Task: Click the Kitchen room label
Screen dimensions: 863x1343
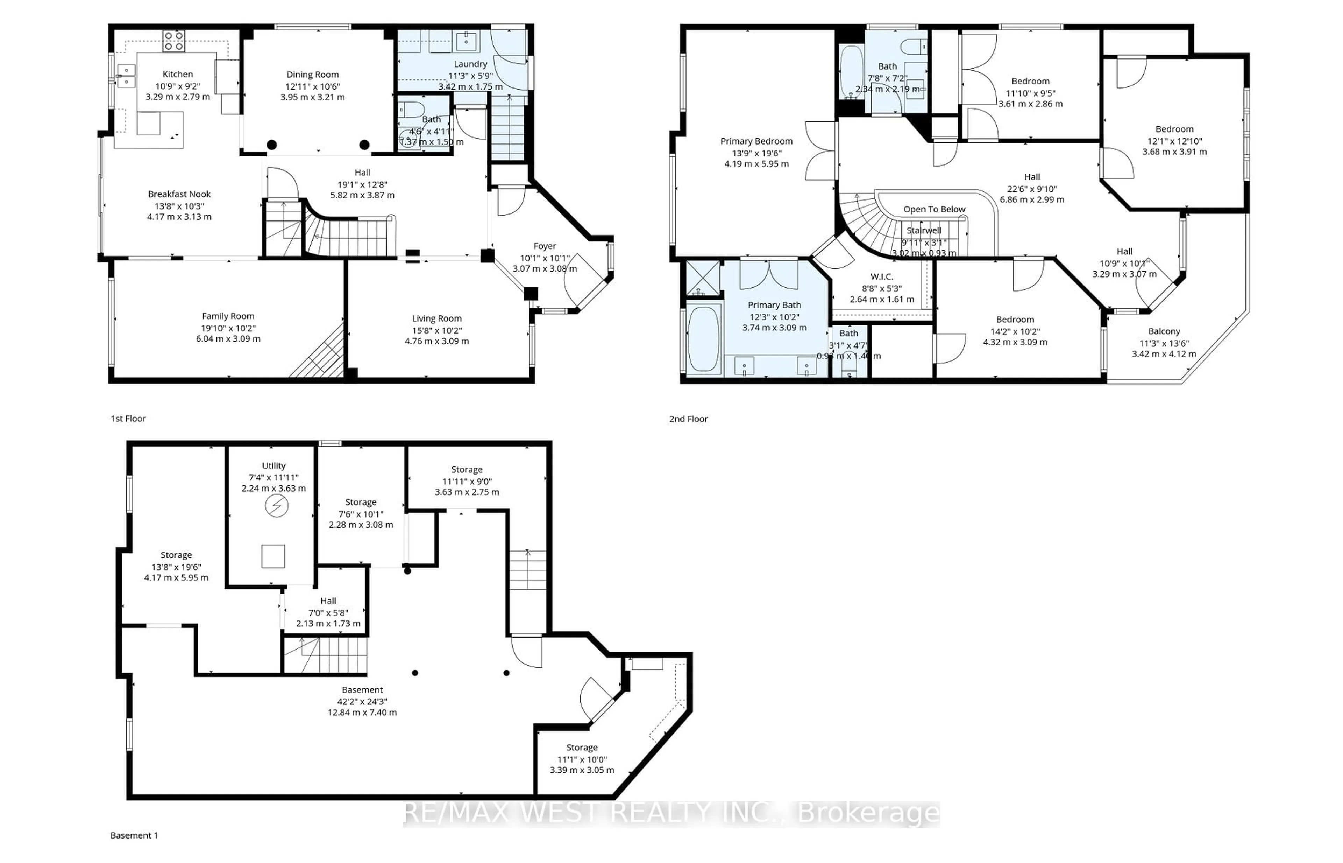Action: (x=178, y=74)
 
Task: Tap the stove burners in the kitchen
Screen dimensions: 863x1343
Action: (x=173, y=41)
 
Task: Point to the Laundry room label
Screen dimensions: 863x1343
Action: (x=470, y=64)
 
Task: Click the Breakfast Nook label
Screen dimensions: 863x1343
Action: (x=179, y=194)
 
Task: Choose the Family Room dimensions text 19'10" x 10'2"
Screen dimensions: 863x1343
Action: (x=228, y=328)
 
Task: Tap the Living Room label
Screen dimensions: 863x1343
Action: (x=437, y=318)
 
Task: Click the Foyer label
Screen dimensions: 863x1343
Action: (x=544, y=246)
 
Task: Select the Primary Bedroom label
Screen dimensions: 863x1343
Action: (x=756, y=141)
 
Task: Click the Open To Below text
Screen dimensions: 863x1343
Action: (x=934, y=209)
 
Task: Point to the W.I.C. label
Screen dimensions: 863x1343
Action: (x=882, y=277)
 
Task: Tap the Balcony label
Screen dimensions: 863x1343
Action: (x=1164, y=331)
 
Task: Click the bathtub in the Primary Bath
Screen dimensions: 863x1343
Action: (x=703, y=339)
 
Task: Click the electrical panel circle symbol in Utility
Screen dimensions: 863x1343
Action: (x=276, y=507)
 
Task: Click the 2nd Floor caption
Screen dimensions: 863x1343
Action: (x=688, y=419)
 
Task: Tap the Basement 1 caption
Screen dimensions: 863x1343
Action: (x=134, y=835)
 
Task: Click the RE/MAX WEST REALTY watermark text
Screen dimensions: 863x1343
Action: (x=671, y=813)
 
